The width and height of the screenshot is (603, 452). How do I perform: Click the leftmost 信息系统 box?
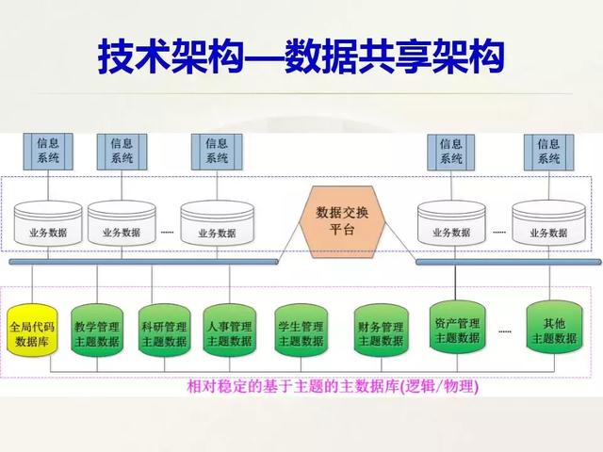click(x=47, y=151)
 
